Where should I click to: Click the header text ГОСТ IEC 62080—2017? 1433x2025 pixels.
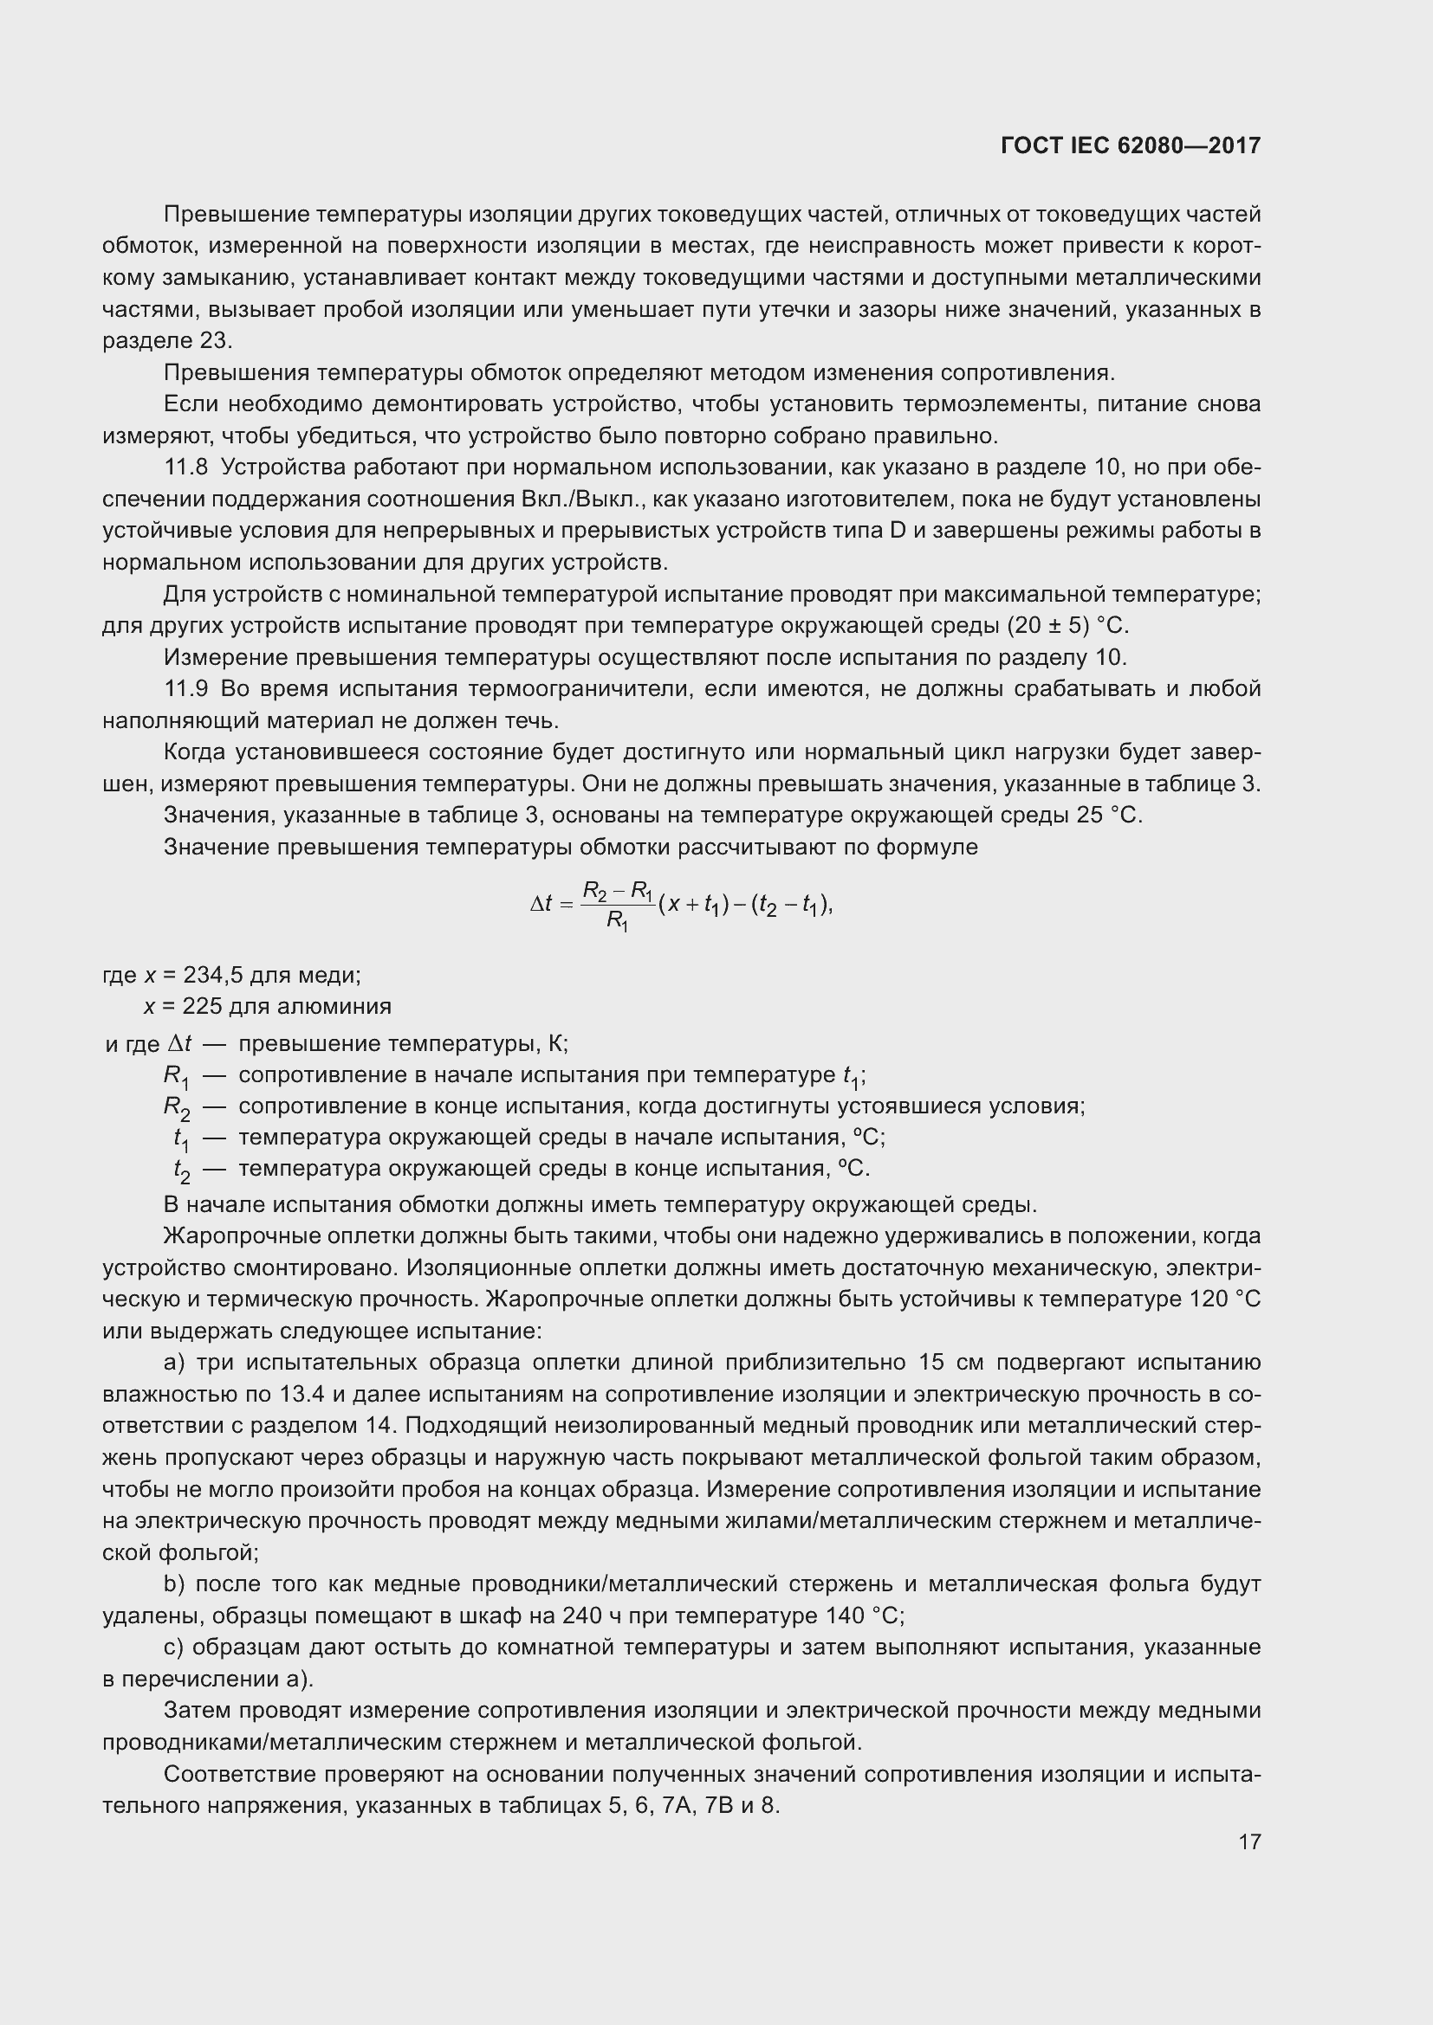[x=1131, y=145]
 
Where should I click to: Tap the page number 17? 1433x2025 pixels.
[x=1249, y=1841]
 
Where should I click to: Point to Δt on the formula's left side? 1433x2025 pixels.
[x=541, y=904]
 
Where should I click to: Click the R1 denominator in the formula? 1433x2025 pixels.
[x=618, y=922]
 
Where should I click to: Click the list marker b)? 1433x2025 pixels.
[x=174, y=1585]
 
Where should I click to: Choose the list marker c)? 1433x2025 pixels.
[x=174, y=1648]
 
